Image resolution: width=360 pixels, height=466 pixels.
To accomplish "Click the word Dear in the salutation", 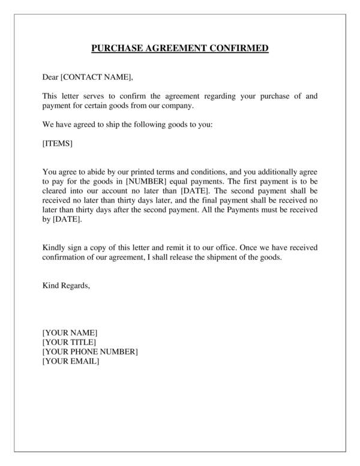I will tap(50, 77).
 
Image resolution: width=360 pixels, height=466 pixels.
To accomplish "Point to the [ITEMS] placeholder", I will tap(58, 143).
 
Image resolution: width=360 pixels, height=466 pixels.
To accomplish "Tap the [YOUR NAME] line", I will tap(70, 333).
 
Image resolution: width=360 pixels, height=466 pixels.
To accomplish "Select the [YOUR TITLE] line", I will tap(69, 342).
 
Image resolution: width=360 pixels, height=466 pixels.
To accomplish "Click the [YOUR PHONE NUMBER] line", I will tap(90, 352).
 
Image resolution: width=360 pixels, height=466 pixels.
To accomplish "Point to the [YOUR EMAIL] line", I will tap(71, 362).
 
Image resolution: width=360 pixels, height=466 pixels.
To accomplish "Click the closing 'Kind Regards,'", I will tap(66, 285).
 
